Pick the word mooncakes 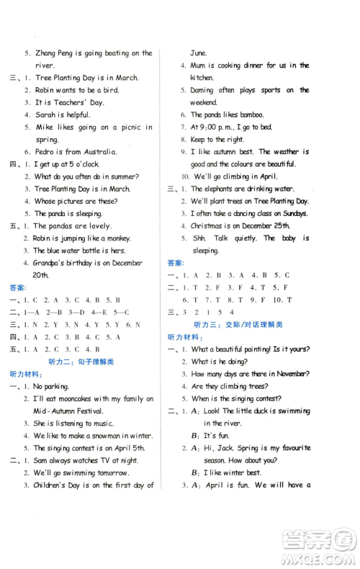pos(77,398)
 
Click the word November pos(289,373)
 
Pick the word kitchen pos(202,77)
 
